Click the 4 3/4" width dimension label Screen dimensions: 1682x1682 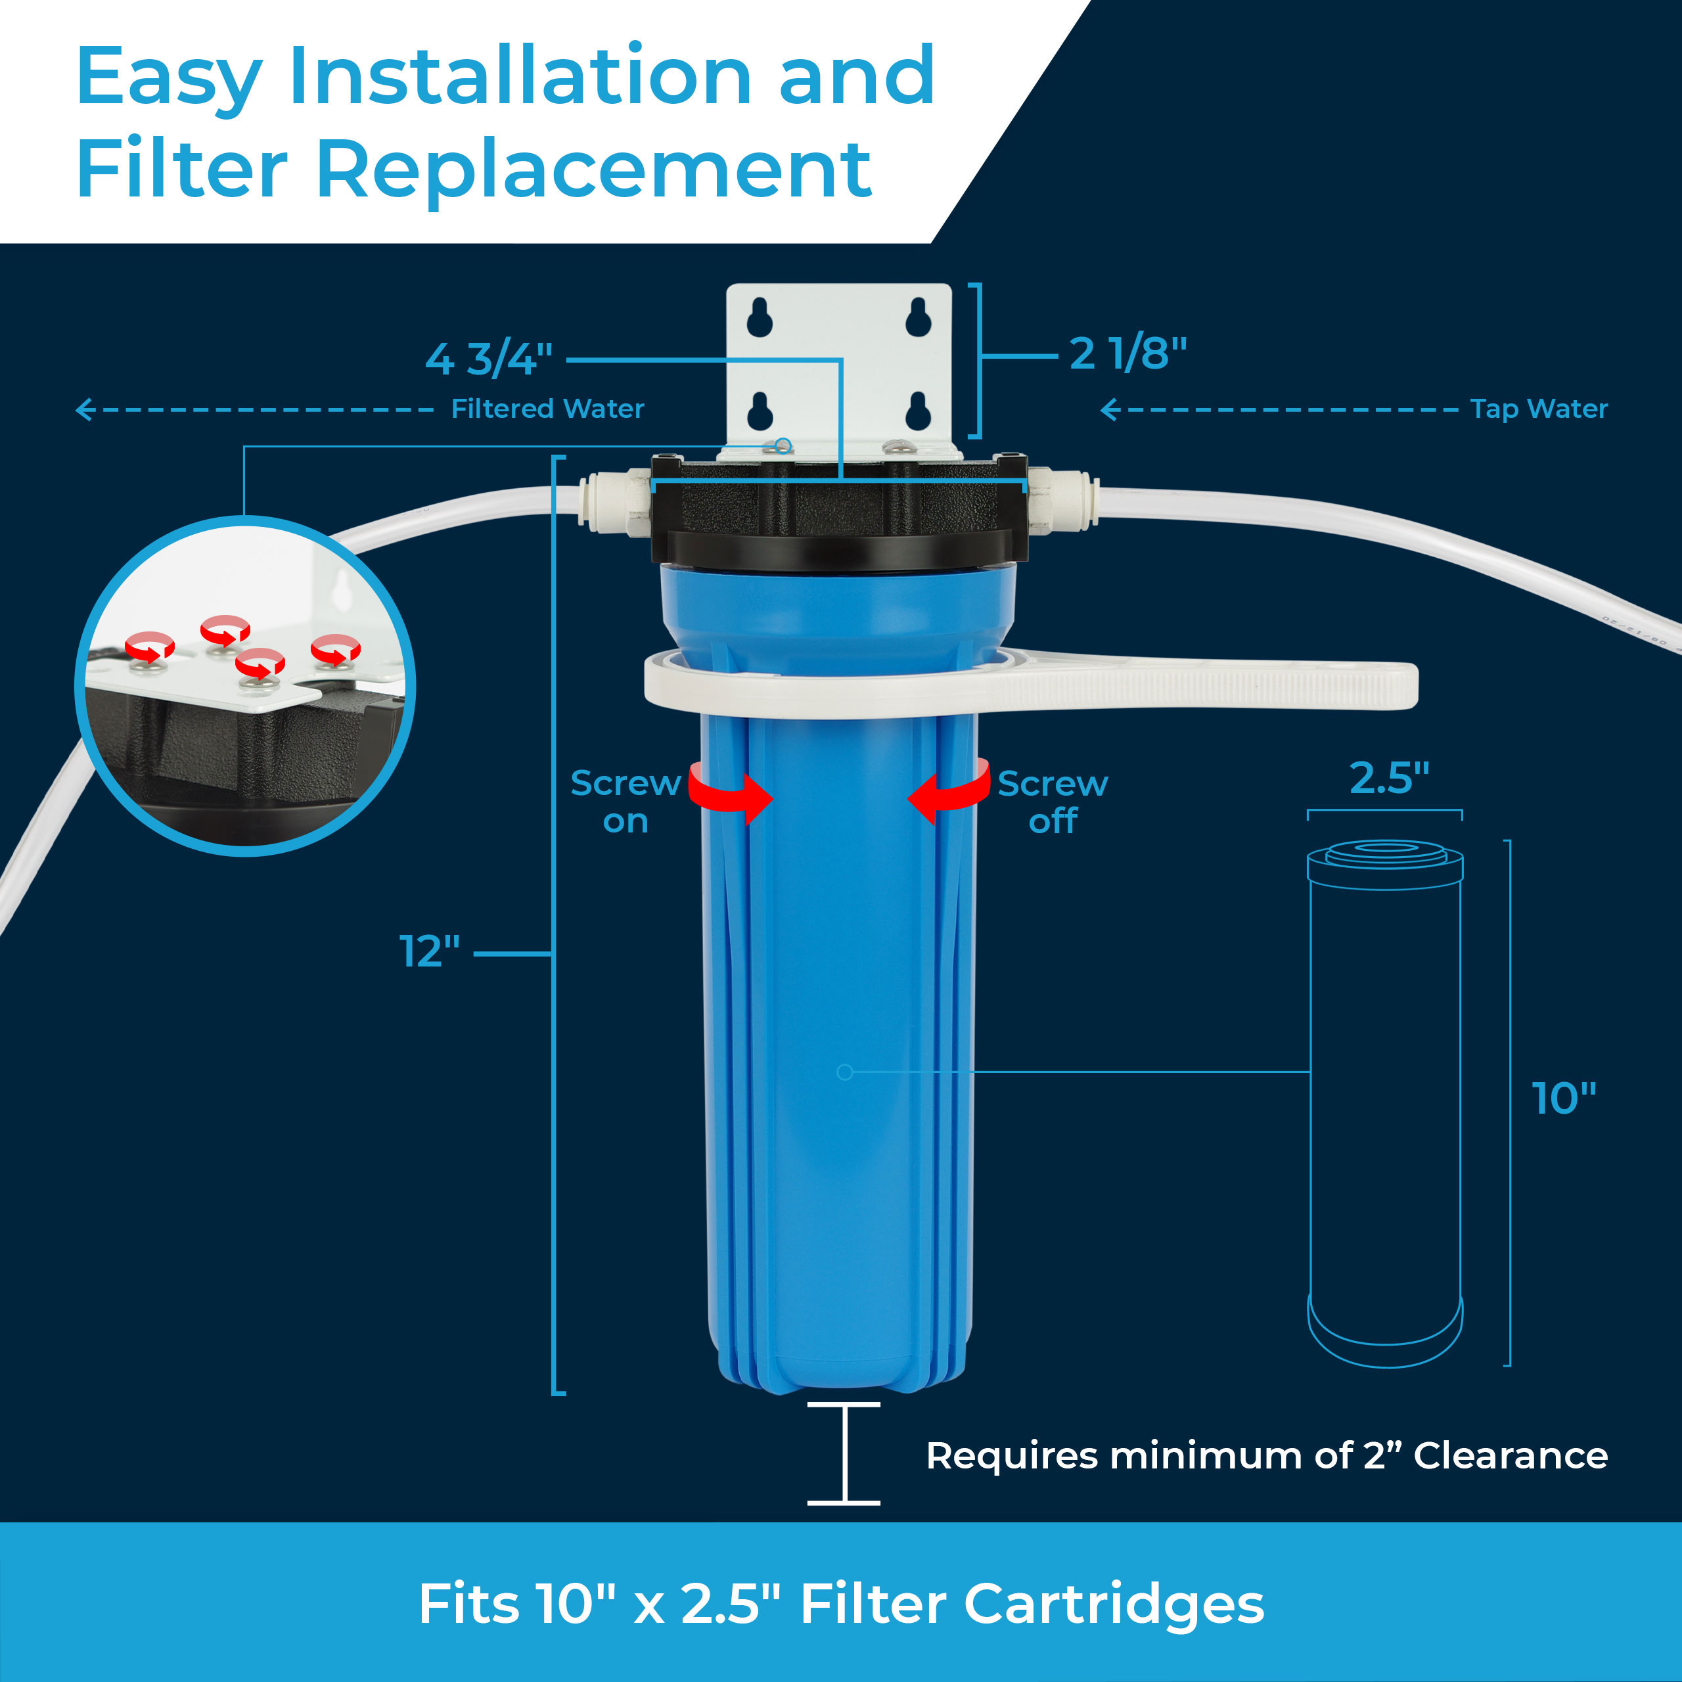(488, 358)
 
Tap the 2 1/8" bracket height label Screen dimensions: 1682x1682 (1127, 353)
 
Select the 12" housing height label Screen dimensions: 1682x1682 (429, 951)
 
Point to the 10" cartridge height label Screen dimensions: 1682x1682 (1564, 1099)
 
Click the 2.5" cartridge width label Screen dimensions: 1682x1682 (1388, 777)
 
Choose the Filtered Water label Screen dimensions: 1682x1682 (547, 408)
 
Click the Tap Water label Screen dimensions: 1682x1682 (1538, 408)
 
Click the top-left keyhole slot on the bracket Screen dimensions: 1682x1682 (759, 318)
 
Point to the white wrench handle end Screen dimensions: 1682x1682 (1384, 685)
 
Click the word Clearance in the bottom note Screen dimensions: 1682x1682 (1510, 1455)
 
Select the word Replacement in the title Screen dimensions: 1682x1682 (593, 169)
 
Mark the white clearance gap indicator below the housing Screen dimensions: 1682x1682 (843, 1453)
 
